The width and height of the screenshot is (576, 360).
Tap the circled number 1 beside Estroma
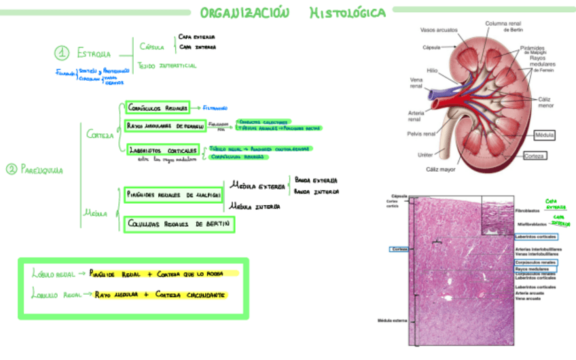pyautogui.click(x=62, y=53)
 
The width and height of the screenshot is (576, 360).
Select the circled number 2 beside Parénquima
pyautogui.click(x=11, y=170)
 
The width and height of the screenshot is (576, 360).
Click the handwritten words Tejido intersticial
pyautogui.click(x=167, y=66)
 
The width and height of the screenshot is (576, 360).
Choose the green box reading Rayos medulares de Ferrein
pyautogui.click(x=165, y=126)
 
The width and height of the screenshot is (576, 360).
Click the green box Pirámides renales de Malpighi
pyautogui.click(x=174, y=194)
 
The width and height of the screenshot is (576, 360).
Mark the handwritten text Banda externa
pyautogui.click(x=316, y=181)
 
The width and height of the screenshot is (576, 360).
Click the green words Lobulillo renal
pyautogui.click(x=52, y=295)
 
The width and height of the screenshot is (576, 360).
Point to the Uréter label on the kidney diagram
pyautogui.click(x=425, y=155)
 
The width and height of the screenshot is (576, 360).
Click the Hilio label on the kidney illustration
pyautogui.click(x=432, y=69)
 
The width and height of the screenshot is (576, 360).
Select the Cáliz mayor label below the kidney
pyautogui.click(x=440, y=169)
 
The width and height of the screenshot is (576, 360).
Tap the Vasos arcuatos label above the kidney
pyautogui.click(x=439, y=30)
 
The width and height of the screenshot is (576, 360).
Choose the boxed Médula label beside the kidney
pyautogui.click(x=544, y=135)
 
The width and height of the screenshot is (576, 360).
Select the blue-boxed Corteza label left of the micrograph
pyautogui.click(x=399, y=249)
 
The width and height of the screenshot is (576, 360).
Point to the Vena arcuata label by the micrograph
pyautogui.click(x=527, y=298)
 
